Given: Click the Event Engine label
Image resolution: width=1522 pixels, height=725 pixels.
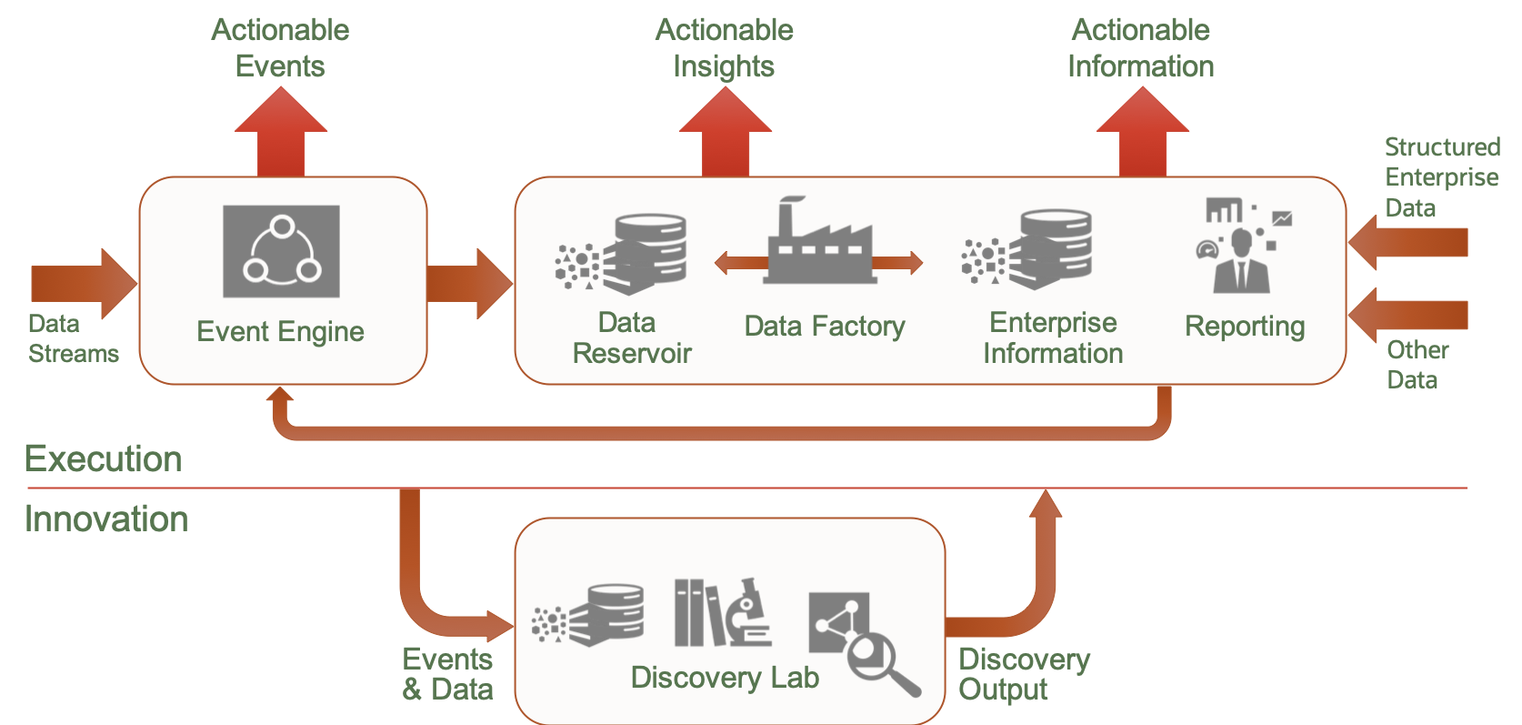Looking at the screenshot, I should (x=280, y=332).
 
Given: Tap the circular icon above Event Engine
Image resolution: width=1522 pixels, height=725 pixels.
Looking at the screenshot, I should (x=281, y=251).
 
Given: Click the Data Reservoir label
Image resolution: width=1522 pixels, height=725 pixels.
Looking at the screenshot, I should (x=631, y=337).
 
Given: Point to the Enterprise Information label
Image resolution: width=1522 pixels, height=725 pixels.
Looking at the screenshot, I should (x=1053, y=337).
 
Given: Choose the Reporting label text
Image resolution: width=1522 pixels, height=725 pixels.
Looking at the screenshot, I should (x=1244, y=326).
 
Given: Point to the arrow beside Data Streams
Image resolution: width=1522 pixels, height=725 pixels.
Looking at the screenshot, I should (x=82, y=283).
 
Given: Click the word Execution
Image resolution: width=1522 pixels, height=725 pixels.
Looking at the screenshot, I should (x=103, y=458).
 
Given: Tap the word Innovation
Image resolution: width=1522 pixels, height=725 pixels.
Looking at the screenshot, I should (x=106, y=519).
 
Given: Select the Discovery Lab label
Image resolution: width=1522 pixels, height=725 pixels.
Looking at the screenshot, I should (x=725, y=678).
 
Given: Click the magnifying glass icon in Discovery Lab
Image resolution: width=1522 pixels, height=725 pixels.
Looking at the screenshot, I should (x=877, y=660).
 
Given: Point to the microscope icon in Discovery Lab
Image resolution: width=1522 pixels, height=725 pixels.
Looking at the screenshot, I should (x=747, y=611).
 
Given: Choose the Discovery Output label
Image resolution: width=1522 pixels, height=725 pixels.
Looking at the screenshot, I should (x=1024, y=674).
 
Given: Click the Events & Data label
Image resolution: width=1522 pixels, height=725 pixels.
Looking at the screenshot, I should (x=447, y=674).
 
